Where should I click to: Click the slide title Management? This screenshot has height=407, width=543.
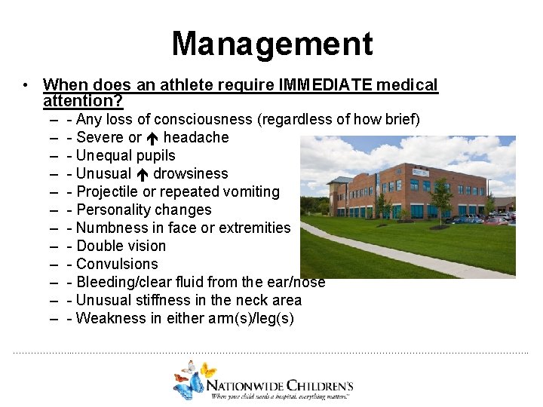pyautogui.click(x=271, y=44)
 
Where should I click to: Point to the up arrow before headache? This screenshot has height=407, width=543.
pyautogui.click(x=152, y=138)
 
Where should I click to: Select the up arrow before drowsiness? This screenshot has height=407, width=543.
pyautogui.click(x=142, y=174)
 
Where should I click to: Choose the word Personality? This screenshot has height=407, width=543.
pyautogui.click(x=114, y=210)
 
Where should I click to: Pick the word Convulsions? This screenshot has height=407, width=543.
pyautogui.click(x=118, y=264)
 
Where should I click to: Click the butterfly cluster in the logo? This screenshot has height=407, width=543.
pyautogui.click(x=192, y=378)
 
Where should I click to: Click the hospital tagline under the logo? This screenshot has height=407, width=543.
pyautogui.click(x=281, y=395)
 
